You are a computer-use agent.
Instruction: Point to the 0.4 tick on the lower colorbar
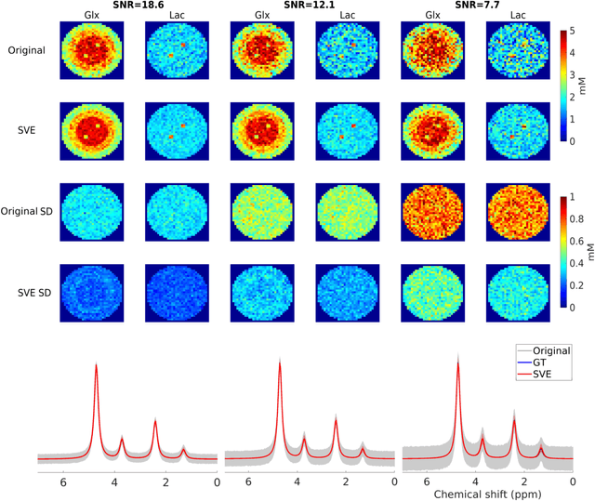coord(581,263)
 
